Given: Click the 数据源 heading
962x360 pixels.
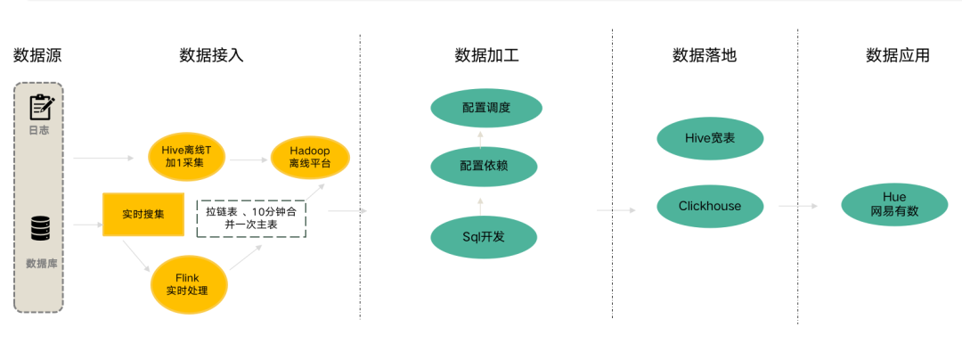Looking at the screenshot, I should (37, 55).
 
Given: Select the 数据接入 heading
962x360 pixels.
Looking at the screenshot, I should (211, 55).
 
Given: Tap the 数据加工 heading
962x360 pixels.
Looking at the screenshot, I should (486, 55).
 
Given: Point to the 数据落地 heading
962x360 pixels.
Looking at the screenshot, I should (705, 55).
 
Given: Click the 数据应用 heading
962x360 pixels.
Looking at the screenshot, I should (897, 55).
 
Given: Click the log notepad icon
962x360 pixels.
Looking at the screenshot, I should (40, 107).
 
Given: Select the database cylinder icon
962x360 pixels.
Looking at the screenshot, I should (39, 228).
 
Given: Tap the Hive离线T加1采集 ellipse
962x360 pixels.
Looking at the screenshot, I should (187, 155).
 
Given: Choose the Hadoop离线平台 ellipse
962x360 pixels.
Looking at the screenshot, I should (308, 157).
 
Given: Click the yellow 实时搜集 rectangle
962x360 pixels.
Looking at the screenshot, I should (143, 215).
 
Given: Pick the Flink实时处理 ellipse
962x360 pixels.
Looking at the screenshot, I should (188, 284).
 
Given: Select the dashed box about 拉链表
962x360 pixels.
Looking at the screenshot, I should (251, 218).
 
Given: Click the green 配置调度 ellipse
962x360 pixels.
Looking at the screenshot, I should (486, 108).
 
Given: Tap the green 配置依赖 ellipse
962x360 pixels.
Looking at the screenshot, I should (485, 166).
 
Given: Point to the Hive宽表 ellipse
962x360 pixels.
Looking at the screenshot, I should (710, 138).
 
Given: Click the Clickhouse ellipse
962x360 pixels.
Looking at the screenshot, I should (709, 206).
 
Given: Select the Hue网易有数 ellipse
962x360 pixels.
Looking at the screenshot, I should (894, 205).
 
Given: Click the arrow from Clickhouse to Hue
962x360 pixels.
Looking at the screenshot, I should (798, 206).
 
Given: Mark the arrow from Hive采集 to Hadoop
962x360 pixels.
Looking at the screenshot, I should (250, 160).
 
